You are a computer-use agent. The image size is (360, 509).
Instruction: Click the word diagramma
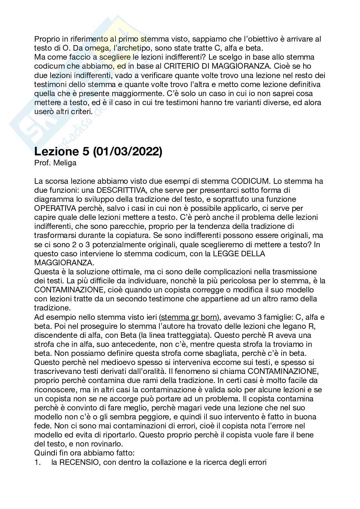54,199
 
